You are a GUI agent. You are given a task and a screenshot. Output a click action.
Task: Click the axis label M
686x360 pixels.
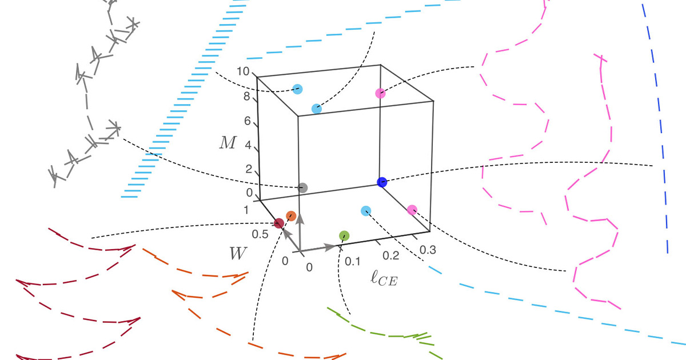[x=228, y=143]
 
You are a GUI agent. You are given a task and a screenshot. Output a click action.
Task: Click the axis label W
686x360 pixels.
[x=238, y=254]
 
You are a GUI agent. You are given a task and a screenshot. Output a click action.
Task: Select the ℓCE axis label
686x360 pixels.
[x=384, y=278]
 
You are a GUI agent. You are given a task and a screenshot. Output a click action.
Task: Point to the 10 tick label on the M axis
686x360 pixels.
[x=243, y=71]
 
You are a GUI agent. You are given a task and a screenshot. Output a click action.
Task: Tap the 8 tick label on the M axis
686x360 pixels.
[x=247, y=97]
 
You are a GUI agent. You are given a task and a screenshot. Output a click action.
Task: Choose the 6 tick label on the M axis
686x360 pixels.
[x=248, y=121]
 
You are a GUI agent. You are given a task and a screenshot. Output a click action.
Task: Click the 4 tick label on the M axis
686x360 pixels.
[x=248, y=145]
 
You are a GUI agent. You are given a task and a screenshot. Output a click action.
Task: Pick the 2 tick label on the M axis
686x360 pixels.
[x=249, y=169]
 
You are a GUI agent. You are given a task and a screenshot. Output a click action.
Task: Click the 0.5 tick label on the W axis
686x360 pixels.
[x=260, y=234]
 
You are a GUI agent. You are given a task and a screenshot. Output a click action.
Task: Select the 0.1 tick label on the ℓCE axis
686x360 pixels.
[x=353, y=262]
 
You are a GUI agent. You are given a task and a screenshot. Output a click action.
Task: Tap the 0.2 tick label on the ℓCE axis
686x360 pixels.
[x=391, y=255]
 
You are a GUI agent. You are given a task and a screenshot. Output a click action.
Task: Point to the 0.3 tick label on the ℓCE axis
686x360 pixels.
[x=428, y=250]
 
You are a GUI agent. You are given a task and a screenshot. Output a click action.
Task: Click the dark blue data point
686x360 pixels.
[x=382, y=182]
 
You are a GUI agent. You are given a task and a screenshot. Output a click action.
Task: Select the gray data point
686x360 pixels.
[x=302, y=187]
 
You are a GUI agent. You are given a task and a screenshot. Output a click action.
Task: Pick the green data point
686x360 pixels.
[x=344, y=235]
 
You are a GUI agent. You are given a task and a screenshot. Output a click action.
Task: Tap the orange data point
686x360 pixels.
[x=291, y=216]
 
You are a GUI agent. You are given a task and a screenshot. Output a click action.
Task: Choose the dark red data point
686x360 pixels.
[x=279, y=223]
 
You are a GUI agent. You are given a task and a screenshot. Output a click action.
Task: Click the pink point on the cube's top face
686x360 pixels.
[x=380, y=93]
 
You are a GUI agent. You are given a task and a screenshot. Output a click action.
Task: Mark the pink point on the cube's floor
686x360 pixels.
[x=412, y=210]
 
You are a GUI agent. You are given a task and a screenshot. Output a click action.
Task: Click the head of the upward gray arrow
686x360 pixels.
[x=301, y=217]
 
